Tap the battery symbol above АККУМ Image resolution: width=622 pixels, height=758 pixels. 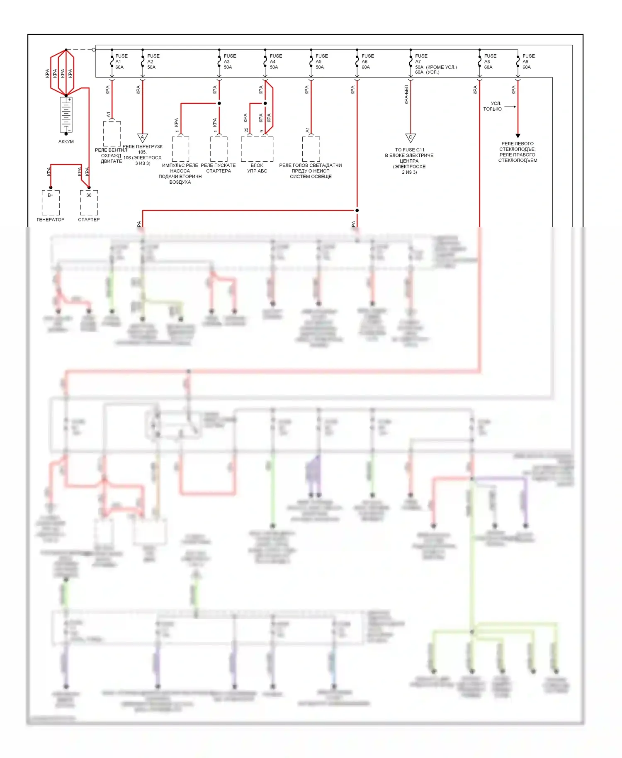pyautogui.click(x=66, y=114)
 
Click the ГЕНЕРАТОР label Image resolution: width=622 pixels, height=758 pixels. pyautogui.click(x=51, y=219)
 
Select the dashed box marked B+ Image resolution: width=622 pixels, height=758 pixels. pyautogui.click(x=51, y=202)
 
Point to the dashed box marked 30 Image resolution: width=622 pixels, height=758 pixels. pyautogui.click(x=89, y=202)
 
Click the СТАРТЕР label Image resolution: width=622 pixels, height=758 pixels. pyautogui.click(x=89, y=219)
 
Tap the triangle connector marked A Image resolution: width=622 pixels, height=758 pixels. pyautogui.click(x=143, y=137)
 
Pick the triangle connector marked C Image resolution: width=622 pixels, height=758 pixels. pyautogui.click(x=411, y=137)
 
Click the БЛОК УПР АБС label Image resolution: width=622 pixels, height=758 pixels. pyautogui.click(x=257, y=168)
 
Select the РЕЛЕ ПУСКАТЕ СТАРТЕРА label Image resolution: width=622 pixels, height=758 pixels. pyautogui.click(x=219, y=168)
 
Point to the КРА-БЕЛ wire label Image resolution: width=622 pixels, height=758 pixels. pyautogui.click(x=406, y=95)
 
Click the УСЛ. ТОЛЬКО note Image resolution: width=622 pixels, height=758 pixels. pyautogui.click(x=493, y=106)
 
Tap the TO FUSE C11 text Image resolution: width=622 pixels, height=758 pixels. pyautogui.click(x=410, y=150)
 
